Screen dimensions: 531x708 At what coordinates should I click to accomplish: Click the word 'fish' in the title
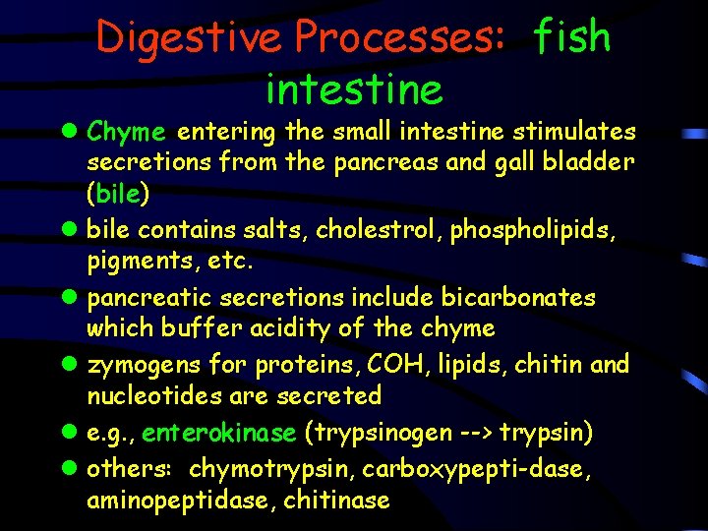point(571,37)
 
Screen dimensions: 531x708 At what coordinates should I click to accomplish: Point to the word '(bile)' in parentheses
point(118,194)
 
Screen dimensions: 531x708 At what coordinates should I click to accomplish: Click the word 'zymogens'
point(144,366)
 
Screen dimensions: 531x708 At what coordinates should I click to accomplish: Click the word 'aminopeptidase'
point(179,501)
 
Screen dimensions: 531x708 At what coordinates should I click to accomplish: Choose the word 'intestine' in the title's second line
point(354,89)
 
